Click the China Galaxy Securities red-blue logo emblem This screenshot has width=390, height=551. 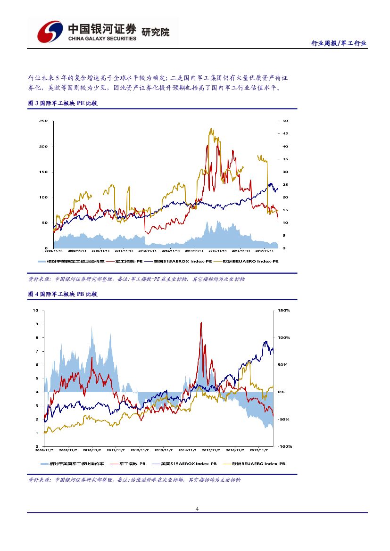pyautogui.click(x=50, y=31)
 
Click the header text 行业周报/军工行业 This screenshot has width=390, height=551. pyautogui.click(x=339, y=43)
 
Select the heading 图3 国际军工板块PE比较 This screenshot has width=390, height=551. pyautogui.click(x=63, y=103)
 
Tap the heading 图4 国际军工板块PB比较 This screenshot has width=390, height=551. pyautogui.click(x=63, y=294)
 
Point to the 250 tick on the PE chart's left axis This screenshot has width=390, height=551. pyautogui.click(x=43, y=121)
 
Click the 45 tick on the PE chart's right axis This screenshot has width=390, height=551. pyautogui.click(x=285, y=133)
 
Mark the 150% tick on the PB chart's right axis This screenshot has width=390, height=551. pyautogui.click(x=284, y=311)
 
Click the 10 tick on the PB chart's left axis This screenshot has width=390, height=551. pyautogui.click(x=35, y=311)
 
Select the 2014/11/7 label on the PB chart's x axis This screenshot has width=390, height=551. pyautogui.click(x=187, y=450)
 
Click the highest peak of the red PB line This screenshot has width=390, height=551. pyautogui.click(x=201, y=323)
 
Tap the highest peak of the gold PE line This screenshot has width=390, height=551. pyautogui.click(x=211, y=129)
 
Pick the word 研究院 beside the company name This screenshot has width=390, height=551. pyautogui.click(x=156, y=32)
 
